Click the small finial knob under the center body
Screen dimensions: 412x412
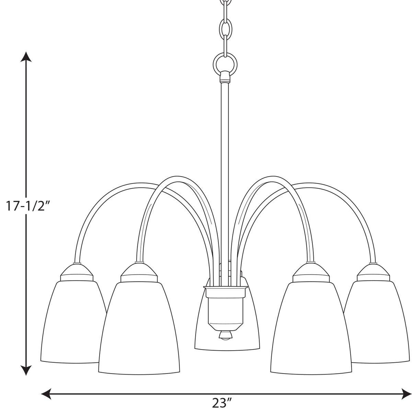(x=225, y=335)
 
